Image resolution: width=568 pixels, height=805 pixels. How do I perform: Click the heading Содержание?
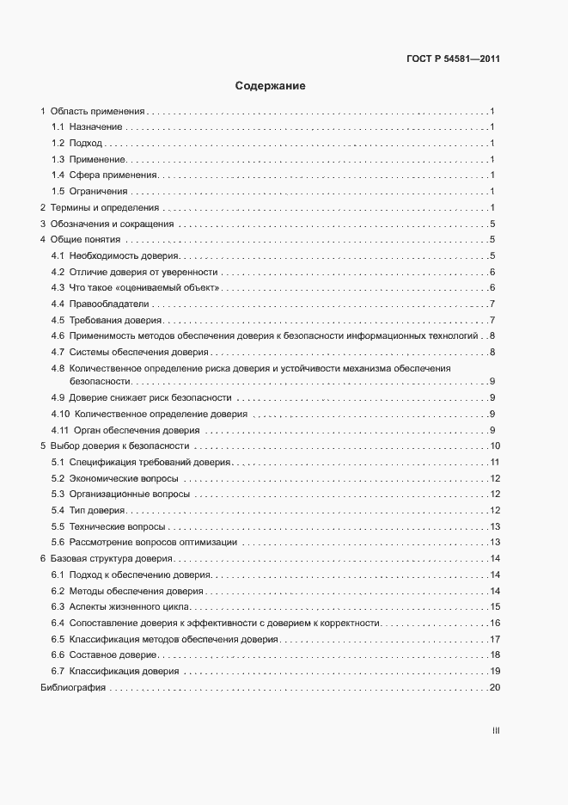click(271, 86)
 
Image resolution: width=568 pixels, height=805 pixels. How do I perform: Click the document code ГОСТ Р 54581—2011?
click(453, 59)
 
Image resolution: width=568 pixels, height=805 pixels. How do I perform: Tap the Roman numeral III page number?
click(496, 730)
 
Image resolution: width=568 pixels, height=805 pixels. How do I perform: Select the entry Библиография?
click(73, 688)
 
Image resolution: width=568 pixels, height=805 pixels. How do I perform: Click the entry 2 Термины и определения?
click(100, 207)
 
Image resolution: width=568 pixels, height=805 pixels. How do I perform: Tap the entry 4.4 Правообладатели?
click(100, 304)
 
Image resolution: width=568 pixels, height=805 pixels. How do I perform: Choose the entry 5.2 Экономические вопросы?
click(114, 478)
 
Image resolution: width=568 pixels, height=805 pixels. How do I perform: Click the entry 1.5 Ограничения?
click(89, 191)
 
